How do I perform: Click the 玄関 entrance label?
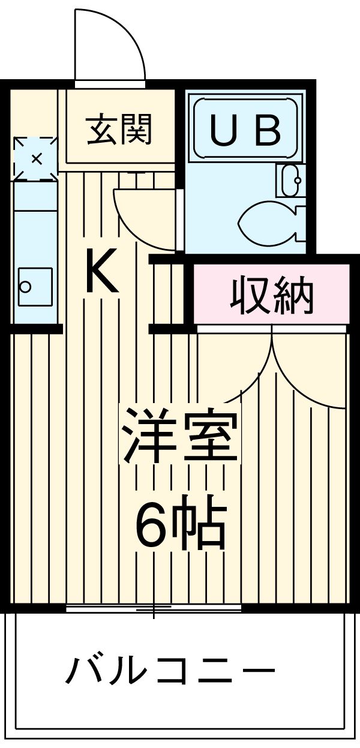coord(119,128)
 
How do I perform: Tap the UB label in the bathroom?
coord(245,130)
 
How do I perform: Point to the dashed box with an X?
coord(36,159)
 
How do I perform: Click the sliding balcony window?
coord(154,609)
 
